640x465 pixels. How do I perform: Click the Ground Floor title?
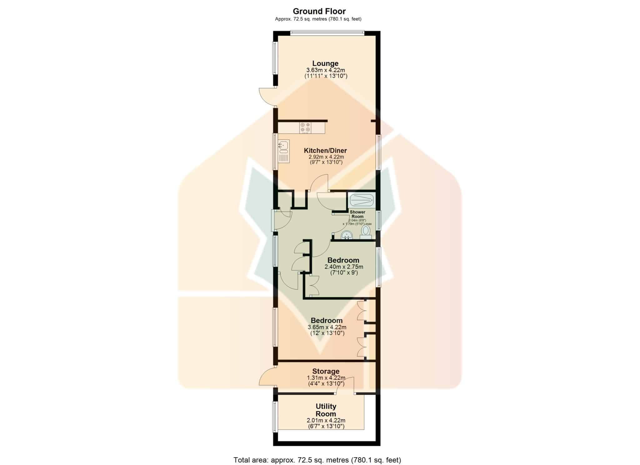[319, 12]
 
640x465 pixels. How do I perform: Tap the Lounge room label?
[325, 63]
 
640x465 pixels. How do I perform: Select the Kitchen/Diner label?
[325, 151]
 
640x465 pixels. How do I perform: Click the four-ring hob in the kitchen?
[87, 127]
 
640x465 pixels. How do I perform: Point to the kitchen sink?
[65, 151]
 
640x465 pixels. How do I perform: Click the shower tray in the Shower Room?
[361, 200]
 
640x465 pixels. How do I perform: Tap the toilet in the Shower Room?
[365, 232]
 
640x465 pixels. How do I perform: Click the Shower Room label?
[357, 214]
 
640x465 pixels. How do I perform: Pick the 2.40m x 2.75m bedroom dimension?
[344, 267]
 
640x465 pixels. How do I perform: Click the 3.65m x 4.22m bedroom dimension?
[327, 327]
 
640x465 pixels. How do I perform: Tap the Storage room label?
[326, 371]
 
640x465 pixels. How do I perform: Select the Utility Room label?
[326, 410]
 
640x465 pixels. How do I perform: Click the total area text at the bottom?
[317, 451]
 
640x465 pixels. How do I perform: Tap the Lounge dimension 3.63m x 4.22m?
[326, 70]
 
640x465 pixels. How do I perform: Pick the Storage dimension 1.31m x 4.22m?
[326, 378]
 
